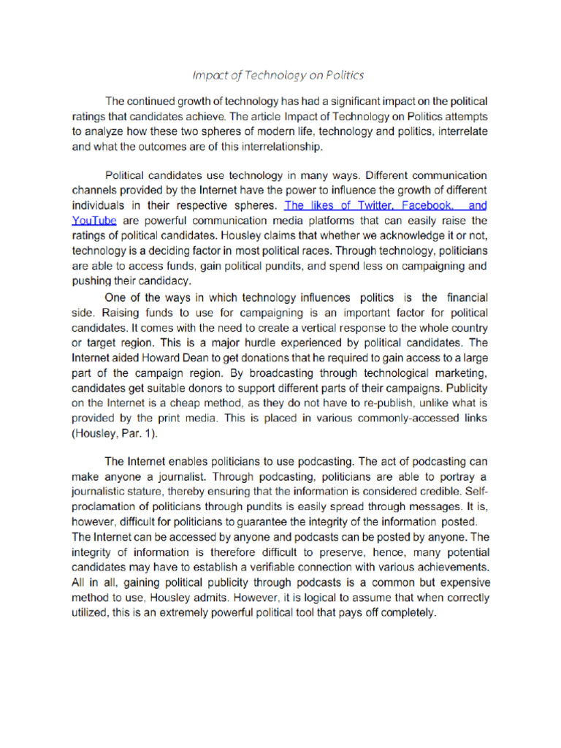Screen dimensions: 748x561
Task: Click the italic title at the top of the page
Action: (x=278, y=75)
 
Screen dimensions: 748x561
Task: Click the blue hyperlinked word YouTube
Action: (x=93, y=219)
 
